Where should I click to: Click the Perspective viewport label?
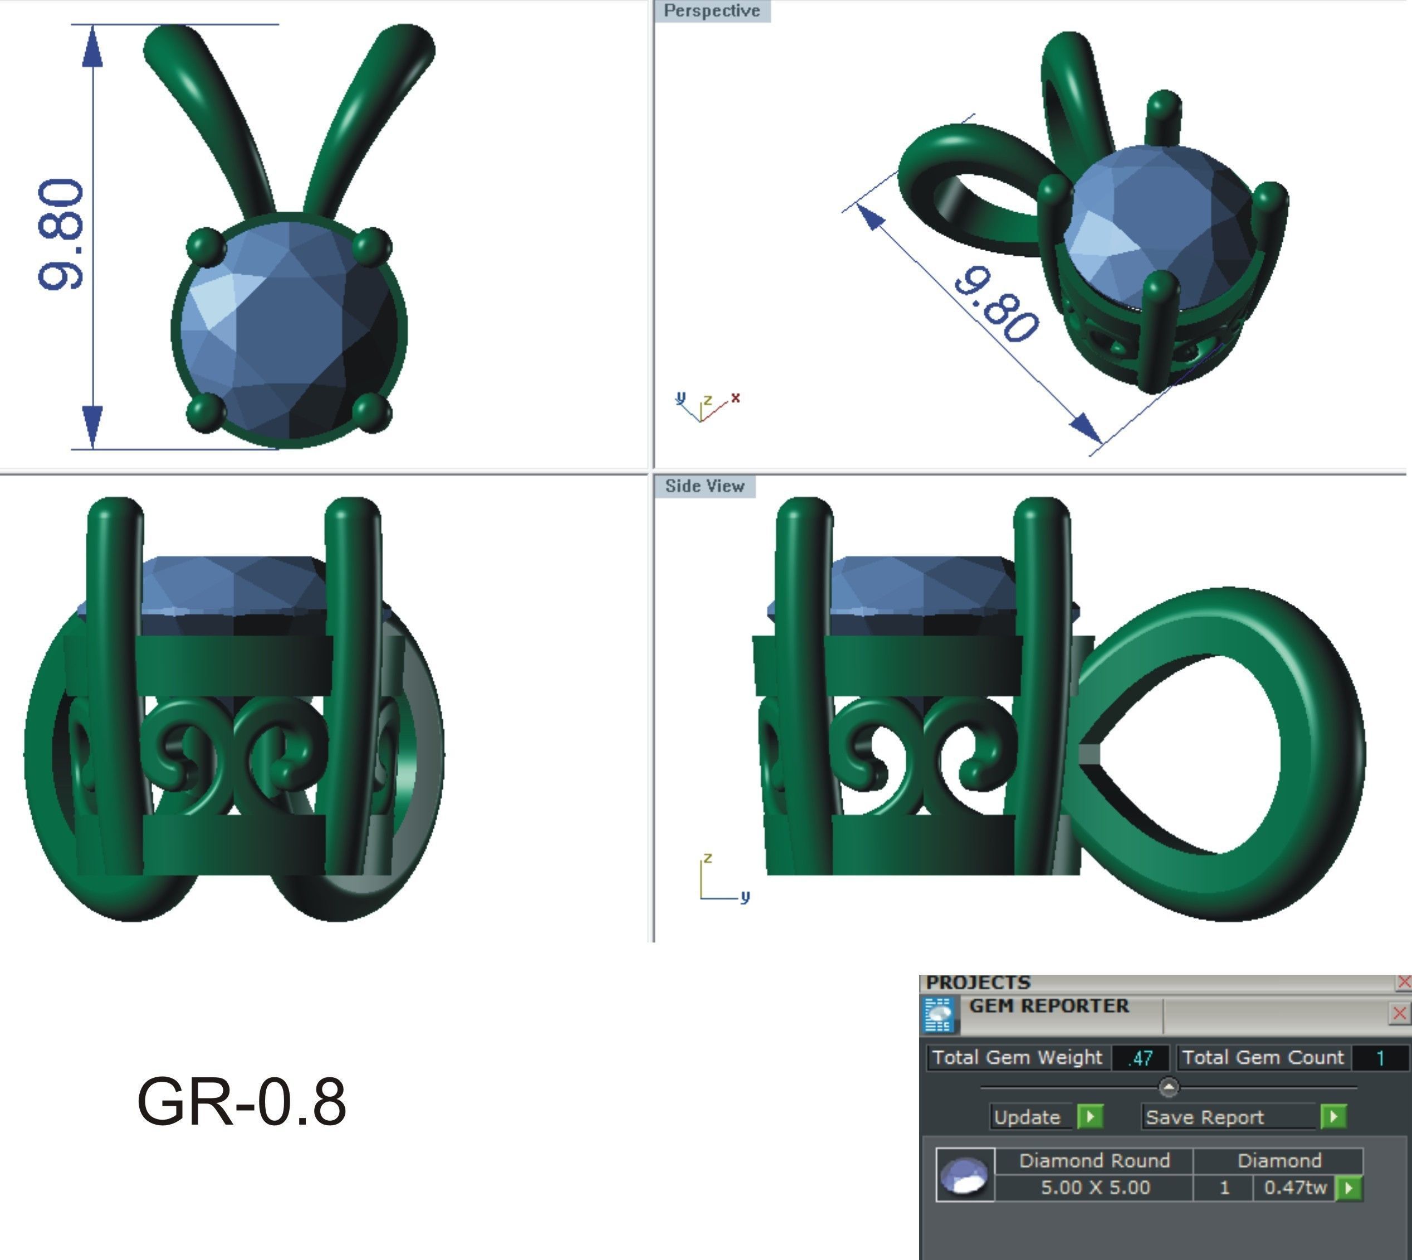[711, 11]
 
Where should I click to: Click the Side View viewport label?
[705, 486]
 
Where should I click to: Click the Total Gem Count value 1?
[1380, 1058]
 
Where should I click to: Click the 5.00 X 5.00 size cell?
[1095, 1188]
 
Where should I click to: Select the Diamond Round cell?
[1095, 1160]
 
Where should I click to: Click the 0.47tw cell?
[1294, 1188]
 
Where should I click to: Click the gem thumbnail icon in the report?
[965, 1174]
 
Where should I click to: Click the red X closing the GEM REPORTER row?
[1399, 1014]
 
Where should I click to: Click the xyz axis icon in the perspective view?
[705, 407]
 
